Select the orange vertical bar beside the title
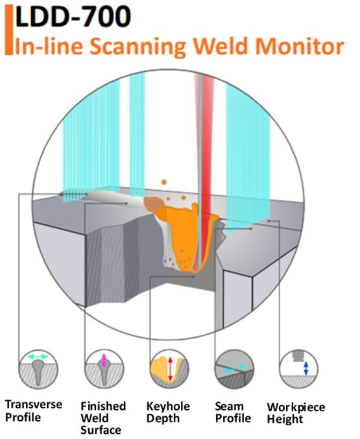[8, 29]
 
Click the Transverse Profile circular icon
[38, 369]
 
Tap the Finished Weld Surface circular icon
[104, 369]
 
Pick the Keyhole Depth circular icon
[169, 369]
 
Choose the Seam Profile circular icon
[234, 369]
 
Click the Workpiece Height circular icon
[298, 369]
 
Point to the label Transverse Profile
[33, 411]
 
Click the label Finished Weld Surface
[103, 418]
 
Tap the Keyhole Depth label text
[168, 412]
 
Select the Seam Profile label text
[233, 412]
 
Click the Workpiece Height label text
[296, 413]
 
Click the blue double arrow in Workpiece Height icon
[306, 368]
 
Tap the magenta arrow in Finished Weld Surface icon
[104, 361]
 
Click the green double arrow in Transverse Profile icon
[38, 357]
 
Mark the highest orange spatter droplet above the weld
[163, 182]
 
